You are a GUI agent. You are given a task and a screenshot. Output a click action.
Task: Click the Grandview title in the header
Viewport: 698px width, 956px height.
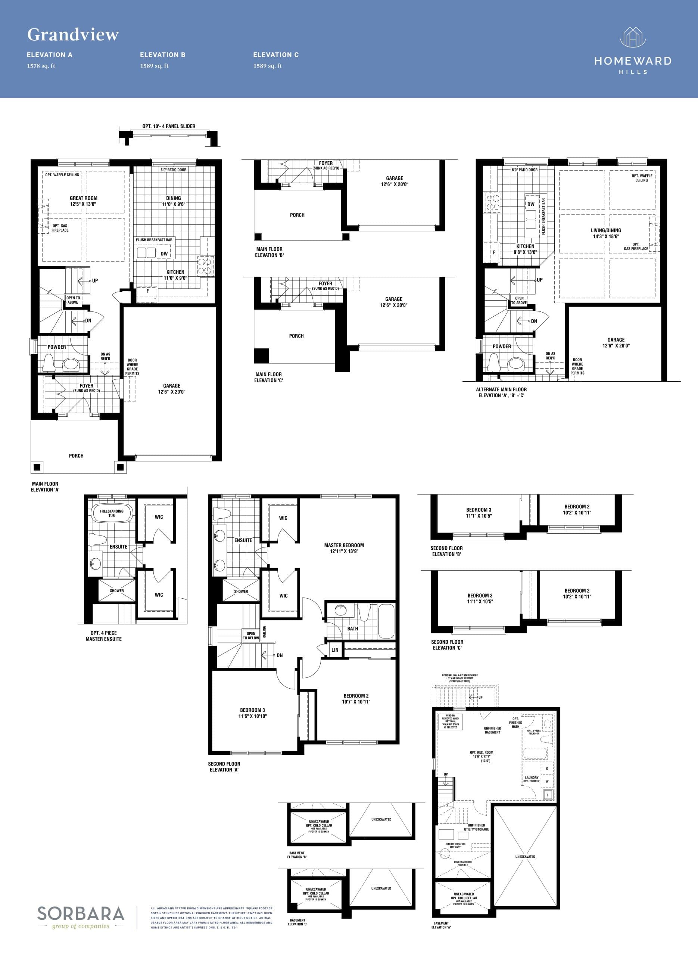pyautogui.click(x=73, y=35)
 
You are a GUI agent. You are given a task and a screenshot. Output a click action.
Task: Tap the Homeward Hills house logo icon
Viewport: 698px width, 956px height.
pyautogui.click(x=633, y=38)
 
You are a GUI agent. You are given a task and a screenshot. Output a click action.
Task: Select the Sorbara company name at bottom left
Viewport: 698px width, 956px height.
pyautogui.click(x=81, y=914)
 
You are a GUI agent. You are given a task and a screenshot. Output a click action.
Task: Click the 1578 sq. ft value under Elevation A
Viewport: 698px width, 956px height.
pyautogui.click(x=41, y=66)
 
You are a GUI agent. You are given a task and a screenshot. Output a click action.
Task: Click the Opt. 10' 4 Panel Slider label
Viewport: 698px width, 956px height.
pyautogui.click(x=169, y=126)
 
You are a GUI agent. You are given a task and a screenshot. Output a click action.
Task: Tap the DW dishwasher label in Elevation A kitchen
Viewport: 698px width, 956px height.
pyautogui.click(x=164, y=254)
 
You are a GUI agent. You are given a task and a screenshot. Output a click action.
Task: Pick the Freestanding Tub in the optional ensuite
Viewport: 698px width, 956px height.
pyautogui.click(x=112, y=513)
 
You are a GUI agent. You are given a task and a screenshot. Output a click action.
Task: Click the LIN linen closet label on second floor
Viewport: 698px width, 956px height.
pyautogui.click(x=335, y=650)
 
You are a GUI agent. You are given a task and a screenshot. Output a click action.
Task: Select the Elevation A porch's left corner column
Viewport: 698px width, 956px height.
pyautogui.click(x=37, y=467)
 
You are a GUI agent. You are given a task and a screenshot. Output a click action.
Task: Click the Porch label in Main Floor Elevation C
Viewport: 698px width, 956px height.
pyautogui.click(x=296, y=336)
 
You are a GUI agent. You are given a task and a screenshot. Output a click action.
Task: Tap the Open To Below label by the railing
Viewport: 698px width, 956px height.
pyautogui.click(x=250, y=636)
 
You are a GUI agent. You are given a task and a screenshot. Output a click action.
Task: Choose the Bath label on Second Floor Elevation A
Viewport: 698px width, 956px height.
pyautogui.click(x=352, y=628)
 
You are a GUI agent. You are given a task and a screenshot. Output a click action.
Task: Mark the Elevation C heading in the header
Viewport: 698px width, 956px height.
pyautogui.click(x=276, y=55)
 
